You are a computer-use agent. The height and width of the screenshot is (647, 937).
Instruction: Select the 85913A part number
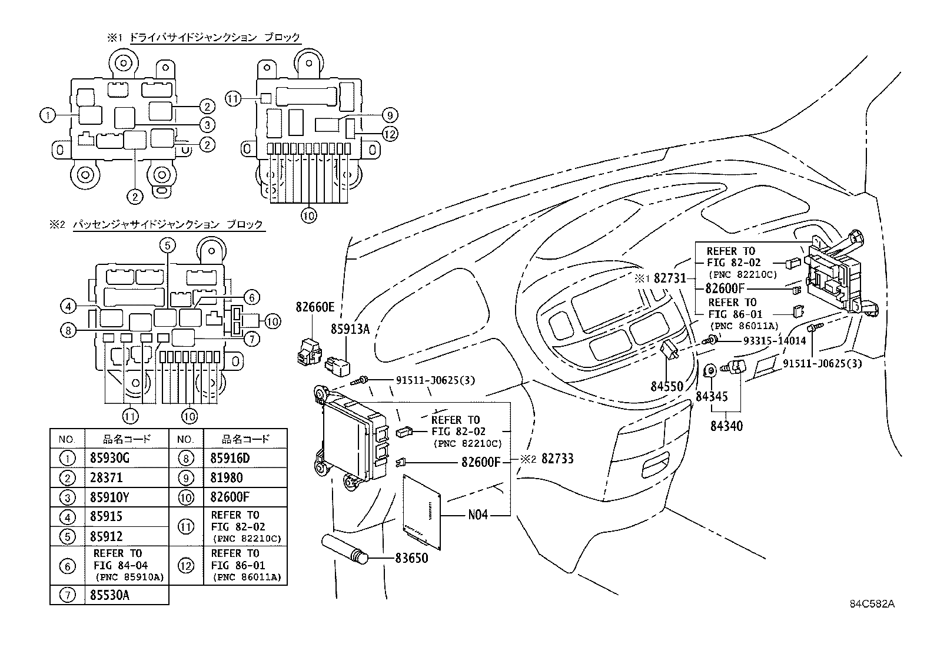point(350,330)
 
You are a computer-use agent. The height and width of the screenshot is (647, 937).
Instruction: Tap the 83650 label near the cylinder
point(411,557)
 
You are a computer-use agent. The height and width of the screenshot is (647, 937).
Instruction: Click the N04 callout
point(478,515)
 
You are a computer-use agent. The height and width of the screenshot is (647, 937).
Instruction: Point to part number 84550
point(666,387)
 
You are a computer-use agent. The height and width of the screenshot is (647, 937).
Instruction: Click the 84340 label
point(726,426)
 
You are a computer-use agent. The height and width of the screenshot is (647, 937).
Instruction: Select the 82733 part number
point(557,459)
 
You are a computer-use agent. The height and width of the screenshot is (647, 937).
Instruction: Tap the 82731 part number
point(670,278)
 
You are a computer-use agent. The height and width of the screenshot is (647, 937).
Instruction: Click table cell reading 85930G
point(109,458)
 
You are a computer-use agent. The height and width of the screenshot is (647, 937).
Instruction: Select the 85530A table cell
point(109,595)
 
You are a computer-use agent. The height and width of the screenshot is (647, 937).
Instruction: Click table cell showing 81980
point(226,477)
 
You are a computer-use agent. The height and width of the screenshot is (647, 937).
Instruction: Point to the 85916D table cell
point(230,458)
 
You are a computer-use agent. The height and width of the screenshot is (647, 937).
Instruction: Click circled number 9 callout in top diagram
point(389,115)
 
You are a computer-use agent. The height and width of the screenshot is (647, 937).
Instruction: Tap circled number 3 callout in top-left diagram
point(206,125)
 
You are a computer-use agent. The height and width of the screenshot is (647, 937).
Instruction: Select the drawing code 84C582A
point(872,604)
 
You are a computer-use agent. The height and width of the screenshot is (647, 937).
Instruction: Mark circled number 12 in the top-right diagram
point(389,134)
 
